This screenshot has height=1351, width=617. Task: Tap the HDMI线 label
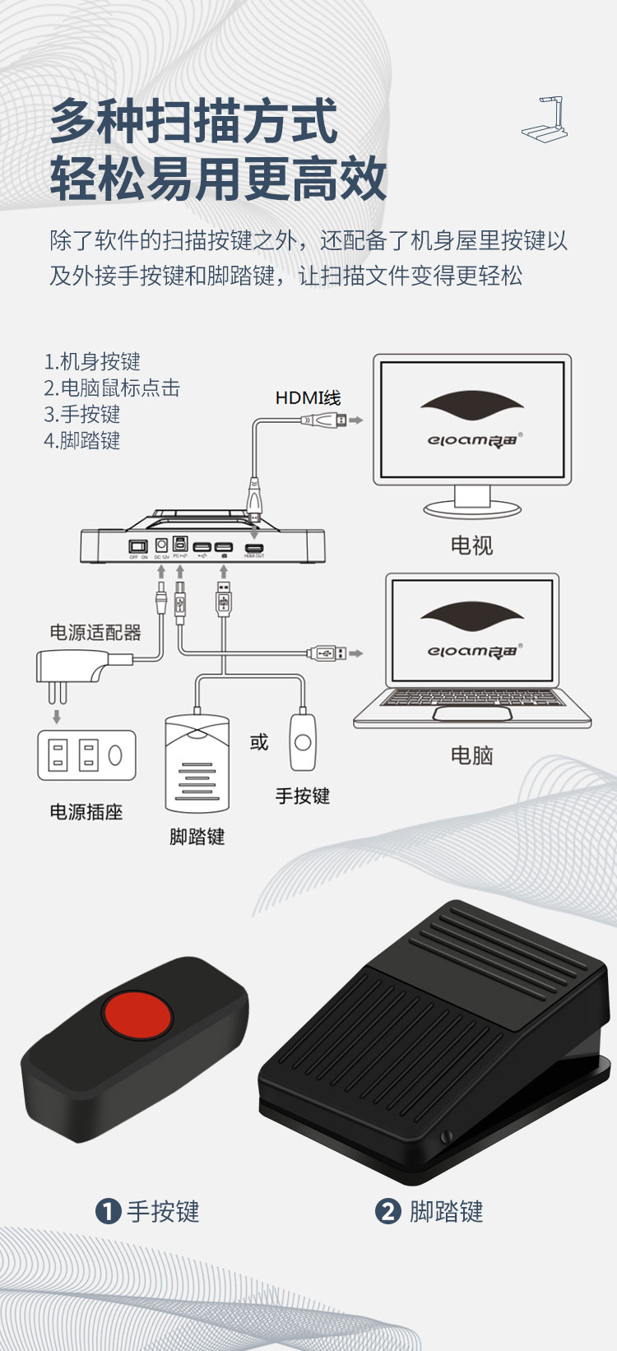click(308, 398)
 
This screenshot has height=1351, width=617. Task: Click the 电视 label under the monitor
click(471, 546)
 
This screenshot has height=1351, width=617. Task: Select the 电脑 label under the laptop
click(471, 755)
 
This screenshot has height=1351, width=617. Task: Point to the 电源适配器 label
click(95, 632)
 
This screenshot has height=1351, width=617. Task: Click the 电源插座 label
click(86, 812)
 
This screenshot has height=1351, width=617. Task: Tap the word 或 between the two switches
click(259, 742)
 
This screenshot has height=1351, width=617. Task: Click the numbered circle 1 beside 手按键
click(108, 1211)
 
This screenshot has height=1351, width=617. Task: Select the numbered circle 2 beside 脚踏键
click(387, 1211)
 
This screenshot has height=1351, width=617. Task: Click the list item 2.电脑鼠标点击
click(112, 388)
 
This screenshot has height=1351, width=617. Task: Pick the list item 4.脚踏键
click(82, 440)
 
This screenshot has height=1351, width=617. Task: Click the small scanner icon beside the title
click(545, 119)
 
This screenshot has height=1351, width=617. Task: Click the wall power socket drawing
click(86, 755)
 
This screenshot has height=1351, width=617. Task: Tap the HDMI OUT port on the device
click(254, 547)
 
